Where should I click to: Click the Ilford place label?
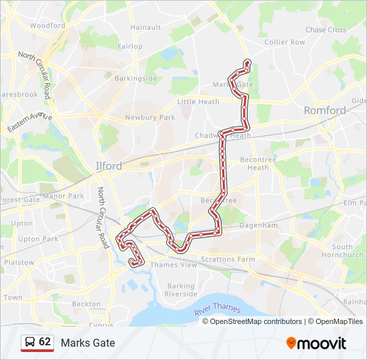coord(108,166)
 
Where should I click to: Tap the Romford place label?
coord(325,110)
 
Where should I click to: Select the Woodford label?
coord(47,26)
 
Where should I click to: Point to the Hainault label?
coord(145,27)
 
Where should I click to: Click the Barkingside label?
coord(136,78)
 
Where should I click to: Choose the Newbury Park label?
coord(149,117)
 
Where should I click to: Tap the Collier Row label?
coord(284,42)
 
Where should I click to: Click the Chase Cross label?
coord(326,30)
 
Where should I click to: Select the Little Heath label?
coord(198,102)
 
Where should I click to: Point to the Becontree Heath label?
coord(254,164)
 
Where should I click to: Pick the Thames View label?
coord(173,265)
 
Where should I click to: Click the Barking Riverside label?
coord(181,290)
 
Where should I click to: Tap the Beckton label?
coord(86,303)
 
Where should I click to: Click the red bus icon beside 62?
coord(29,343)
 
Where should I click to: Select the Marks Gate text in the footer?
coord(87,343)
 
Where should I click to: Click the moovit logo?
coord(316,343)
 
